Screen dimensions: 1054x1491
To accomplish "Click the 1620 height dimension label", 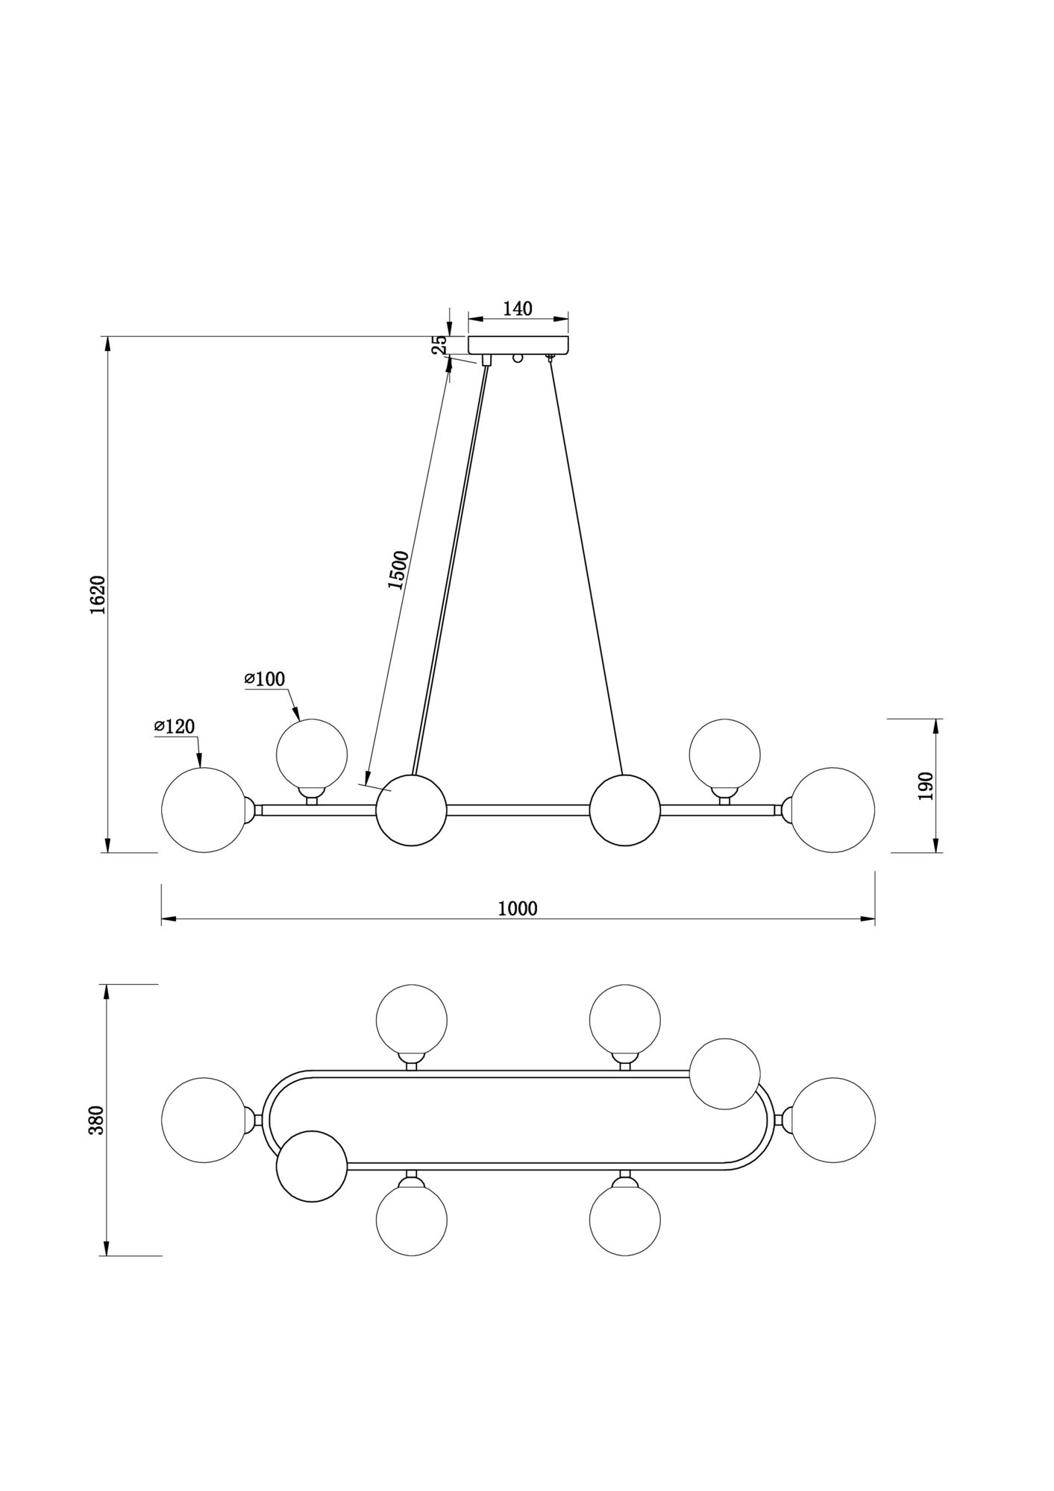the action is (98, 595).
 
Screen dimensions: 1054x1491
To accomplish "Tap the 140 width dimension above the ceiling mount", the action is (518, 309).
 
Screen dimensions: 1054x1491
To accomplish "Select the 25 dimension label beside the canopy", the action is (440, 344).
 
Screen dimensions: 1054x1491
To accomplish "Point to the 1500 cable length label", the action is (398, 570).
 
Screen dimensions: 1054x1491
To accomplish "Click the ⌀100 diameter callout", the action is (265, 679).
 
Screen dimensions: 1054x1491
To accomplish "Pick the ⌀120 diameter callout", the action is (175, 726).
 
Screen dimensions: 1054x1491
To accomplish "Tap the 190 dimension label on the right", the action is (926, 786).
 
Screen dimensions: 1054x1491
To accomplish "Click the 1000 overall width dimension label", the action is (518, 908).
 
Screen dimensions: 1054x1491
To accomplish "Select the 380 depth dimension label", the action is (97, 1120).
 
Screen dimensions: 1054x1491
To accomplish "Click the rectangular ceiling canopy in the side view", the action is (518, 345).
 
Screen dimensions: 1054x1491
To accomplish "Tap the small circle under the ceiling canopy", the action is (518, 358).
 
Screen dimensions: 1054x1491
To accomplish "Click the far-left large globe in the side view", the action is (204, 810).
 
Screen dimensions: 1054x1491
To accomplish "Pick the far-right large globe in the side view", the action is (832, 810).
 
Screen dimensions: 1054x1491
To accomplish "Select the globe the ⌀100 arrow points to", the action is (312, 754).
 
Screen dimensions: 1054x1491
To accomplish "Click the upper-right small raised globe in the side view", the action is (725, 754).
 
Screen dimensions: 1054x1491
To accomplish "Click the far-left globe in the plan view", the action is (204, 1120).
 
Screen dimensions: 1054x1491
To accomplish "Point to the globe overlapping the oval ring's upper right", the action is (725, 1074).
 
